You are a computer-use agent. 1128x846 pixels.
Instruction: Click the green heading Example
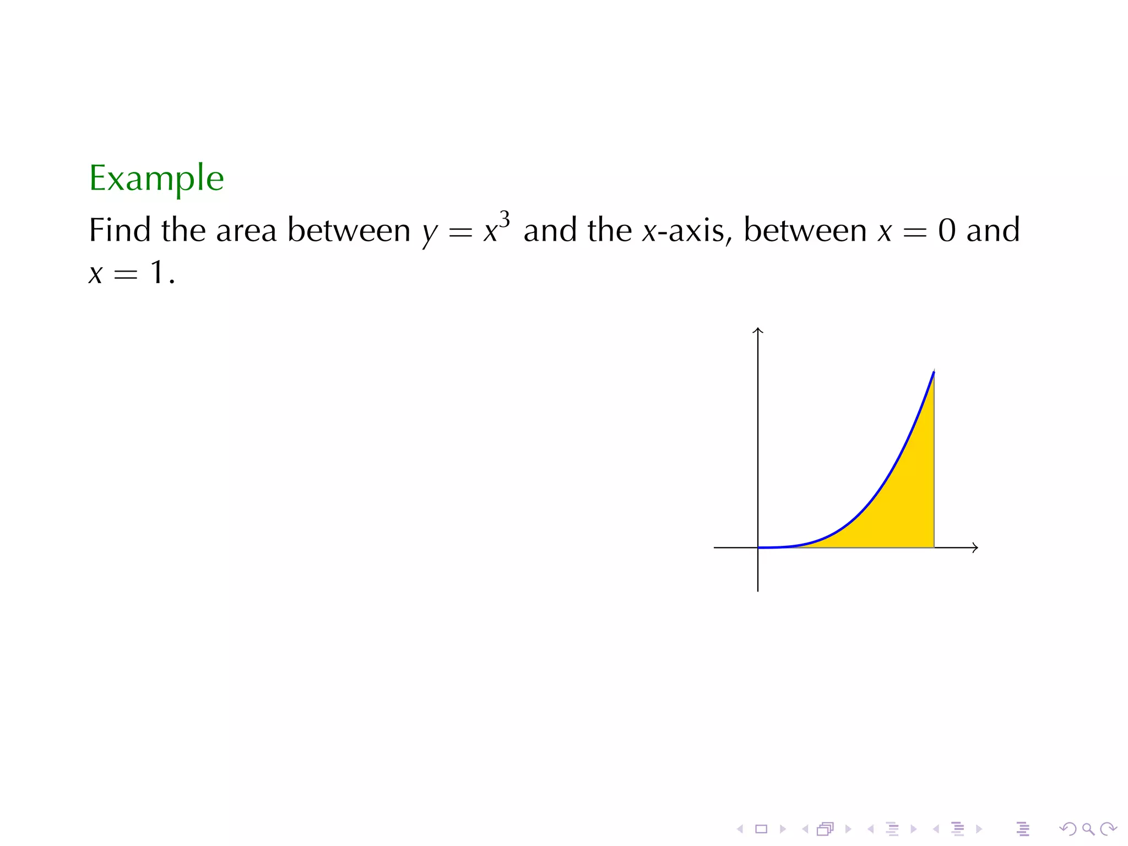(156, 178)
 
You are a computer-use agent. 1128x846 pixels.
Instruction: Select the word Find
(120, 230)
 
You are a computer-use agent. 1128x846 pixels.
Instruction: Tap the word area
(246, 231)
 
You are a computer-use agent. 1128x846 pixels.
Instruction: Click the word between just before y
(349, 230)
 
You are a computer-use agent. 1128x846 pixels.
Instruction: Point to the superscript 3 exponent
(505, 219)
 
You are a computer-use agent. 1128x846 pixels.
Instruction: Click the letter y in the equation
(429, 234)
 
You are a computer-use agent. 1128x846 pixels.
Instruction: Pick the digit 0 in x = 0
(947, 230)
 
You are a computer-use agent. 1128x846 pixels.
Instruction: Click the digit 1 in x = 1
(158, 273)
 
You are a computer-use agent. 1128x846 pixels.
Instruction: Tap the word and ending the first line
(993, 230)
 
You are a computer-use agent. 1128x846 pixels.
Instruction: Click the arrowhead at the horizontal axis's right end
(975, 547)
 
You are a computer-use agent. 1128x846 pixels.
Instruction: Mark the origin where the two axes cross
(758, 547)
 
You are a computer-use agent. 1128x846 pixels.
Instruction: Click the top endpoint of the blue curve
(934, 372)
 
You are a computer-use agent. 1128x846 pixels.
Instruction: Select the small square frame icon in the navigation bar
(761, 829)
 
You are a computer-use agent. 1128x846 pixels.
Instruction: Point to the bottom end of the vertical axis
(758, 590)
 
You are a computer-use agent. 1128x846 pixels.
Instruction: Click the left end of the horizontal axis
(715, 547)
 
